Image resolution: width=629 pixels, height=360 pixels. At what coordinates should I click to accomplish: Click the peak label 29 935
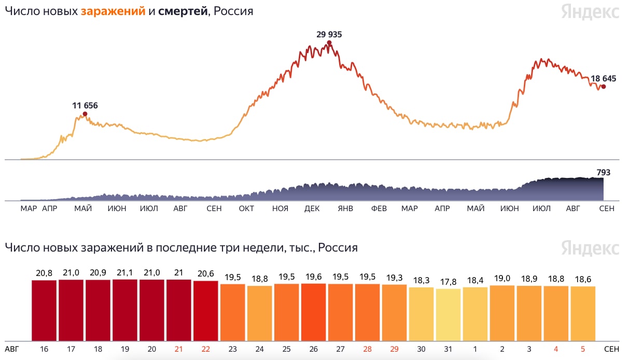[329, 35]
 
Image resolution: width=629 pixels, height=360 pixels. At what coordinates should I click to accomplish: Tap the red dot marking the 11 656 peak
[85, 114]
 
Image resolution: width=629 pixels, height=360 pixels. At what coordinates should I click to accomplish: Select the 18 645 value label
[603, 79]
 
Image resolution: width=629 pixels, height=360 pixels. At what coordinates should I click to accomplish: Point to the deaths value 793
[604, 173]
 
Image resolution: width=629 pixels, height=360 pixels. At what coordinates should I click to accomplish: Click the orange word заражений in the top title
[113, 11]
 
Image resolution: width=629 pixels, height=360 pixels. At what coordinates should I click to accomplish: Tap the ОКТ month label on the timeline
[246, 209]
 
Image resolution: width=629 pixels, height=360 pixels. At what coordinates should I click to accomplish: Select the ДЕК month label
[312, 209]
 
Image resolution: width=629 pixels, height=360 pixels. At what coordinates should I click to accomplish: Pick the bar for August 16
[44, 310]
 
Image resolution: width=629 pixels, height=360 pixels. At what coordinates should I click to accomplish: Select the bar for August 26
[314, 312]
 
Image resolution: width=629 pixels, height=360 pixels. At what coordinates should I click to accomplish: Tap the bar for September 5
[583, 313]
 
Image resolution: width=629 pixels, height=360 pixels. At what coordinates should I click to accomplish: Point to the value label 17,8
[449, 282]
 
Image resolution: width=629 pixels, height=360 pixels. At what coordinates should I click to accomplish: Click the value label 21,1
[125, 273]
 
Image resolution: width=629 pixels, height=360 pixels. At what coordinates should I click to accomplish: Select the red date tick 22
[206, 349]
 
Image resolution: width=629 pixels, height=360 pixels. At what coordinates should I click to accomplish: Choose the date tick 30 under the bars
[422, 349]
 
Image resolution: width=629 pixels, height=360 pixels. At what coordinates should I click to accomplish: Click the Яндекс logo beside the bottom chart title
[590, 247]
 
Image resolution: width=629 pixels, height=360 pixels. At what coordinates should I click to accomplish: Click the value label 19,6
[314, 276]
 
